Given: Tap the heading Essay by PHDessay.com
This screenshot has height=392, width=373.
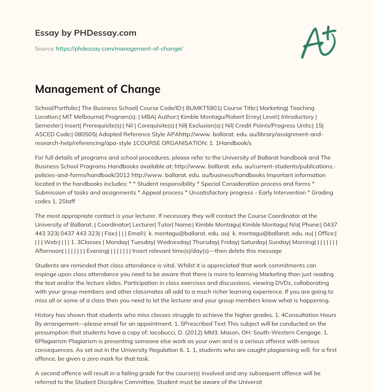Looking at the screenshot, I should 86,33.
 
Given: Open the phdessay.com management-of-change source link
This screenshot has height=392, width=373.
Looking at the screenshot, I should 119,48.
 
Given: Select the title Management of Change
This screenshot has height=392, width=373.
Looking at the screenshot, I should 98,89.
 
